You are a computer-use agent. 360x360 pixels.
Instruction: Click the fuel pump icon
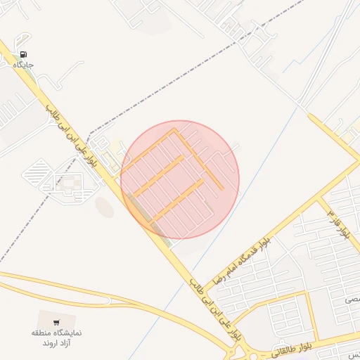(24, 54)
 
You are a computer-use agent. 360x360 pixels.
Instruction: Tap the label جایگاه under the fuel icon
(23, 65)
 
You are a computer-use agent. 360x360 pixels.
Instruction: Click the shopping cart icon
(56, 323)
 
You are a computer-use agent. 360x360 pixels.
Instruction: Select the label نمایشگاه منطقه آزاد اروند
(57, 337)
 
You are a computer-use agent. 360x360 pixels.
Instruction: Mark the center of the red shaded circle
(180, 179)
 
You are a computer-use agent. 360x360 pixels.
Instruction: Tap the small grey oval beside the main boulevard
(104, 207)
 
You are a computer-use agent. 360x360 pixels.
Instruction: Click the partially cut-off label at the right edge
(351, 300)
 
